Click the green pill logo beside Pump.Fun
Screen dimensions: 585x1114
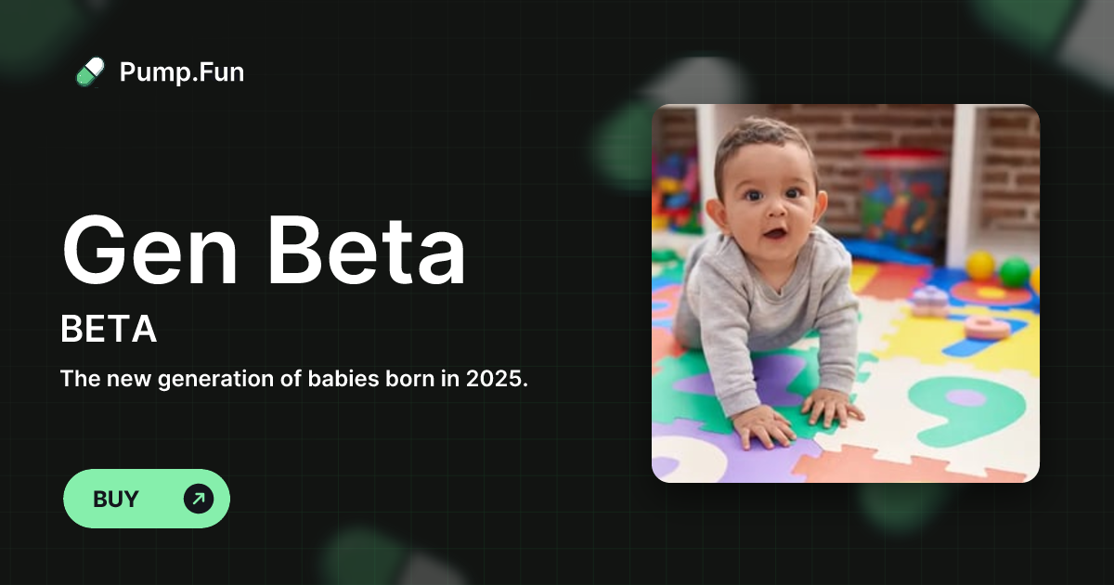(x=90, y=71)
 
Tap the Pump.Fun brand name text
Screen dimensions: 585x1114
(x=182, y=71)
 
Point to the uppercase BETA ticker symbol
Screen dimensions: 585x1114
(x=109, y=330)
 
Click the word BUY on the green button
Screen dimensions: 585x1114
(x=116, y=499)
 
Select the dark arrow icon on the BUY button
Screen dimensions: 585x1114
(x=198, y=499)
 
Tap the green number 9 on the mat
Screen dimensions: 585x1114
(x=966, y=409)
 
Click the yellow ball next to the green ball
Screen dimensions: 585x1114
(x=980, y=266)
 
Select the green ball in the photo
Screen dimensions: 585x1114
(x=1014, y=271)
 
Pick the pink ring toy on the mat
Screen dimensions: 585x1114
(x=987, y=327)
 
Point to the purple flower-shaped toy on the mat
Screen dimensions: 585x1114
(x=928, y=299)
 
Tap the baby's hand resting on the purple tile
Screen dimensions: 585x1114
(x=763, y=426)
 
